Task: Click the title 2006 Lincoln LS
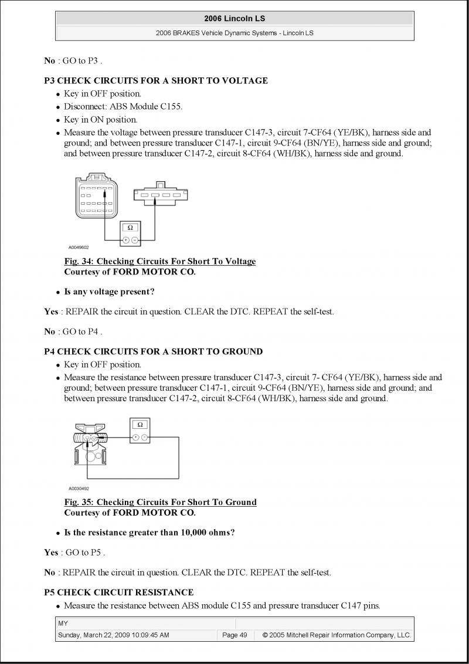click(235, 19)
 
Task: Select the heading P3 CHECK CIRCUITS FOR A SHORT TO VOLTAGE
click(156, 81)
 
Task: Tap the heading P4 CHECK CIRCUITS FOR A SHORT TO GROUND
click(153, 351)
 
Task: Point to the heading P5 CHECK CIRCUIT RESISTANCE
click(118, 592)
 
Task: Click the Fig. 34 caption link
click(159, 262)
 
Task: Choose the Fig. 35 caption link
click(160, 502)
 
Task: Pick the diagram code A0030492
click(79, 488)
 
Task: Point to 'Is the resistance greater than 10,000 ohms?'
click(149, 533)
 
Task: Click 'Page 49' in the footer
click(235, 635)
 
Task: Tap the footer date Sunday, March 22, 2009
click(113, 635)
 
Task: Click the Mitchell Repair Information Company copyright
click(337, 635)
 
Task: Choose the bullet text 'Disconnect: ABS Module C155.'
click(123, 107)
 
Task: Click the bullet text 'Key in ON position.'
click(100, 120)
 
